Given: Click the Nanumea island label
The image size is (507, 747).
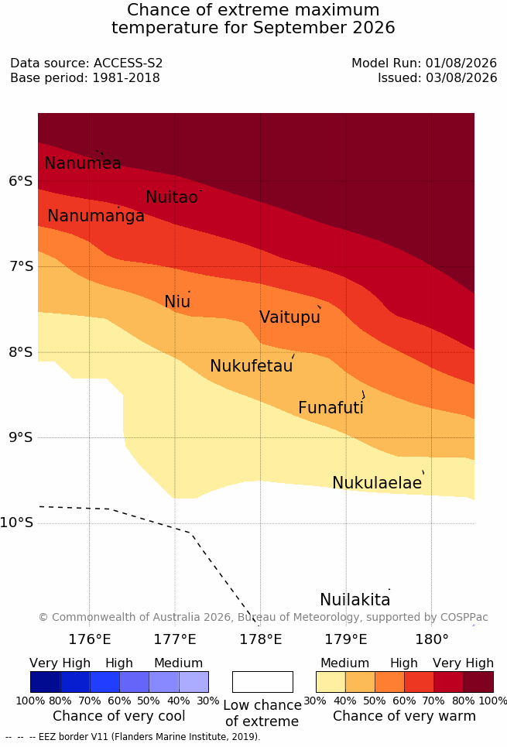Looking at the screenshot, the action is pyautogui.click(x=82, y=163).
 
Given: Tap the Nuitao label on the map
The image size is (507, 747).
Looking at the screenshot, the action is pyautogui.click(x=172, y=197).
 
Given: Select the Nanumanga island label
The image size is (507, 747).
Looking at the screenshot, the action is pyautogui.click(x=96, y=216).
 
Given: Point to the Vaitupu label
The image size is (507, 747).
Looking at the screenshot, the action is pyautogui.click(x=289, y=317).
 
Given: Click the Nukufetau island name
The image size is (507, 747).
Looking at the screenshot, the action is pyautogui.click(x=251, y=366).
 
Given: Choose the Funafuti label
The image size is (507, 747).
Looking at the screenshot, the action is pyautogui.click(x=331, y=408).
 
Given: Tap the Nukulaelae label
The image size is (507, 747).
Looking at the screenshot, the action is pyautogui.click(x=377, y=482).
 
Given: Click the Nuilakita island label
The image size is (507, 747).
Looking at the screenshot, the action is pyautogui.click(x=355, y=599).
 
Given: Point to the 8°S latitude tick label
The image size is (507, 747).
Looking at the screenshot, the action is pyautogui.click(x=21, y=352).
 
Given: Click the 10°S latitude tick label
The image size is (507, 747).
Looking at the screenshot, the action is pyautogui.click(x=17, y=523).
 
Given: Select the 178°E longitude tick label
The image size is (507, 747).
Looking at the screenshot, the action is pyautogui.click(x=261, y=639).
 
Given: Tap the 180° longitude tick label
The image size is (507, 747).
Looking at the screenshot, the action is pyautogui.click(x=432, y=639).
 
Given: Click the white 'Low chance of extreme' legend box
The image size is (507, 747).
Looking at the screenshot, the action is pyautogui.click(x=262, y=682).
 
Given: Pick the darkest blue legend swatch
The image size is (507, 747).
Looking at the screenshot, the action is pyautogui.click(x=45, y=682).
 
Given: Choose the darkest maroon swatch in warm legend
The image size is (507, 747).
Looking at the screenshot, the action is pyautogui.click(x=478, y=682).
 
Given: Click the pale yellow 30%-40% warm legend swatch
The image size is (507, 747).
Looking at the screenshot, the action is pyautogui.click(x=331, y=682).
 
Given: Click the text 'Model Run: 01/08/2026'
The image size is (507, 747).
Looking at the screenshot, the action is pyautogui.click(x=424, y=63).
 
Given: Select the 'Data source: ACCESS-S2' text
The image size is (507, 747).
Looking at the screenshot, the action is pyautogui.click(x=86, y=63).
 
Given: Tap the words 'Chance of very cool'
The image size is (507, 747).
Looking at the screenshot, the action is pyautogui.click(x=118, y=716).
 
